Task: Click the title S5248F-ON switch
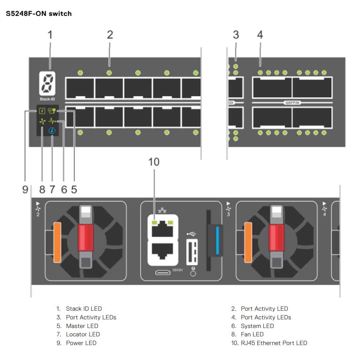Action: [x=39, y=14]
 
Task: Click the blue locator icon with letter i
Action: [x=52, y=131]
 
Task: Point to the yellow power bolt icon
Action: [x=42, y=111]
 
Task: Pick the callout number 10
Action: [x=154, y=162]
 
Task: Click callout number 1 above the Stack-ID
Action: [x=50, y=35]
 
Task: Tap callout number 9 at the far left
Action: [x=25, y=190]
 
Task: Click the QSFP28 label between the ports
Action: [x=292, y=103]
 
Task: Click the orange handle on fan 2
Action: [x=57, y=242]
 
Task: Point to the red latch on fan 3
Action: [x=277, y=237]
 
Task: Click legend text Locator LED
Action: [x=83, y=334]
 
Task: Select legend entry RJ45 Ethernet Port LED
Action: [x=274, y=343]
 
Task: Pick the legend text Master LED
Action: [x=82, y=326]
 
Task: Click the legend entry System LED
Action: [x=257, y=326]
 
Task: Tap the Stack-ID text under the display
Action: [x=46, y=99]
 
